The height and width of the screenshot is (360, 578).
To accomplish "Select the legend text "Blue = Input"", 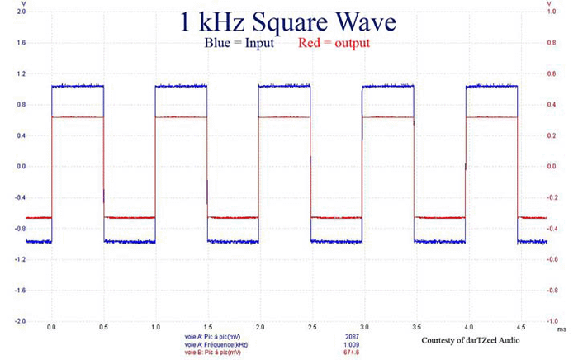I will pyautogui.click(x=242, y=43).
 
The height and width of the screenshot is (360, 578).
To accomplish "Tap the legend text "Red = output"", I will pyautogui.click(x=333, y=43).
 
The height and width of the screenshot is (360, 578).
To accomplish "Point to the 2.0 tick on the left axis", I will pyautogui.click(x=20, y=12).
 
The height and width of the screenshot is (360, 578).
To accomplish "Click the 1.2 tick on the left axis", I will pyautogui.click(x=20, y=74).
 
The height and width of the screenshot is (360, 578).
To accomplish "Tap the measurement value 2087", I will pyautogui.click(x=353, y=338).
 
